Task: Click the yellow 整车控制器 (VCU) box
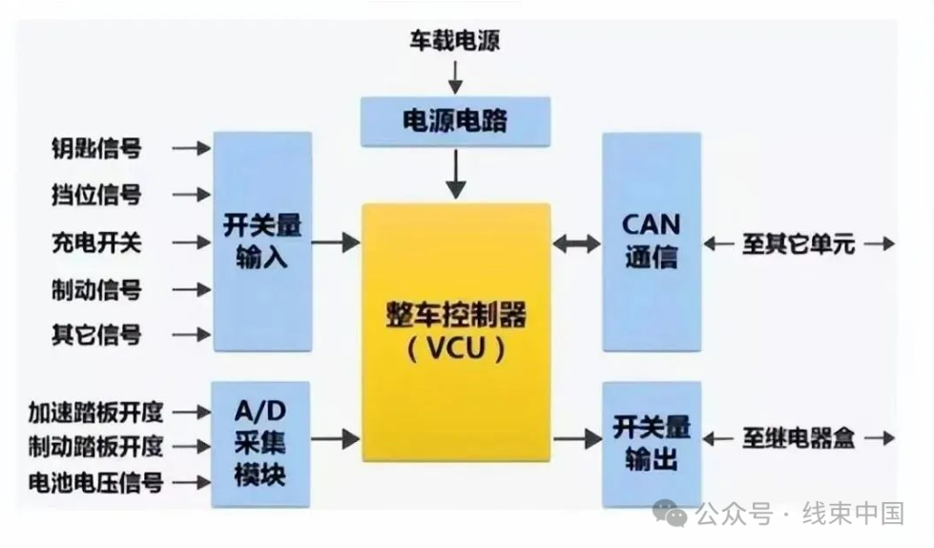456,333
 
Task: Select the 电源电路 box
456,121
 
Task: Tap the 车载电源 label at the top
454,40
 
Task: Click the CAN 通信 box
652,242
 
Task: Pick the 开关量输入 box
262,242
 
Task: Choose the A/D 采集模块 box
260,444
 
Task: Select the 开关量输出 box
652,444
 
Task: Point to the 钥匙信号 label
96,148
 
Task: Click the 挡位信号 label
96,195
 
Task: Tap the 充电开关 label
96,242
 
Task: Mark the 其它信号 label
96,334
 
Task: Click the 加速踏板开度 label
96,412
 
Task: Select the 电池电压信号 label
96,482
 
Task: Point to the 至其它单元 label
799,243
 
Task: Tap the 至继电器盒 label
799,438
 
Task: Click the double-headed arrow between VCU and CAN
576,243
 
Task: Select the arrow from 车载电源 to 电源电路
455,77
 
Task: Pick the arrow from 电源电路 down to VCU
456,174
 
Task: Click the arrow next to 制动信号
192,290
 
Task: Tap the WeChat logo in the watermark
670,514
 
